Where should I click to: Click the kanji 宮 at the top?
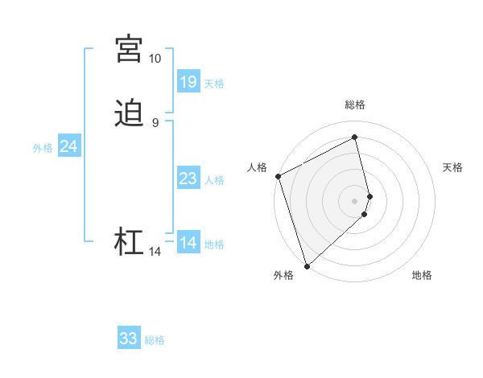128,49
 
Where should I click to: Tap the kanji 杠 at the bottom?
128,242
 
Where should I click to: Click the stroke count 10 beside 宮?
155,59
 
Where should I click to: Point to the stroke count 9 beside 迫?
155,123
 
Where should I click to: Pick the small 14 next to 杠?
155,252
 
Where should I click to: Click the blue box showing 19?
188,81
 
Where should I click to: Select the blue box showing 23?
188,178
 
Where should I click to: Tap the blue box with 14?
188,242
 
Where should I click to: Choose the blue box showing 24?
69,146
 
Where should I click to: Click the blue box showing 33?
129,339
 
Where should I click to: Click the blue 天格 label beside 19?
214,83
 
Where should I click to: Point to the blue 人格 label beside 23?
214,179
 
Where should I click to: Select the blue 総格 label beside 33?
155,340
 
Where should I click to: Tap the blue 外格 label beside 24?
43,148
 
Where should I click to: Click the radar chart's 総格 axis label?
355,105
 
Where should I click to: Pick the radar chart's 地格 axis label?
422,276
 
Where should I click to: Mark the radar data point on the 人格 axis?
278,176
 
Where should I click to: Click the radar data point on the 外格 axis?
306,265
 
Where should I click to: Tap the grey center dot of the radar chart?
355,200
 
